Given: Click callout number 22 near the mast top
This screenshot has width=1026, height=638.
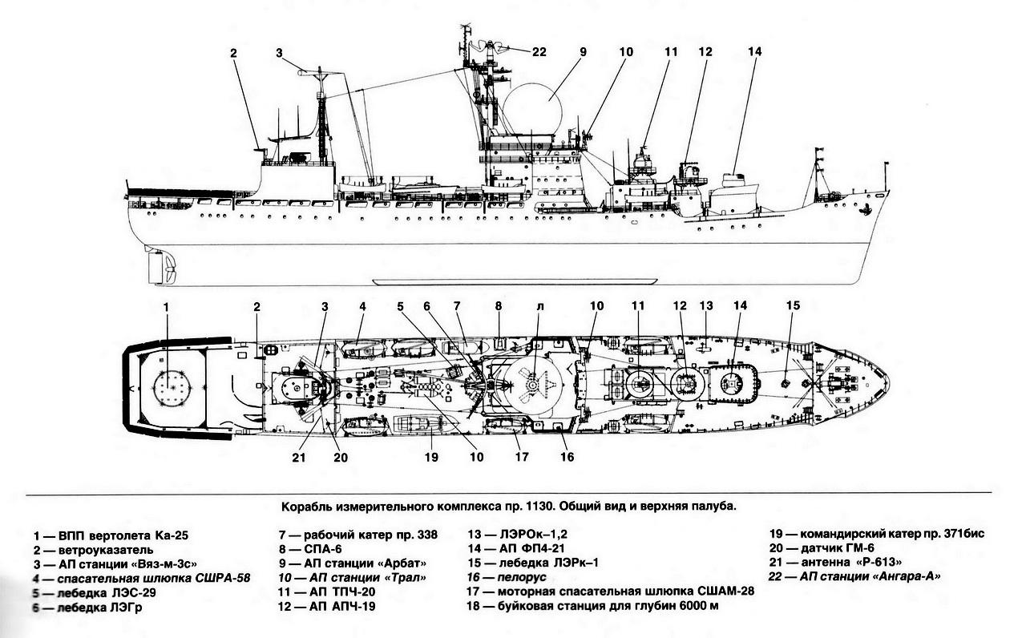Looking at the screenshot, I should click(539, 52).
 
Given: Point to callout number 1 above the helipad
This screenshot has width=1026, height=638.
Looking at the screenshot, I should click(167, 306).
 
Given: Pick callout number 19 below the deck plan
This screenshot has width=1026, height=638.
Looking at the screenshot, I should click(432, 458).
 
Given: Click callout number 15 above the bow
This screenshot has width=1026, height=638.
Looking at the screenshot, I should click(793, 305).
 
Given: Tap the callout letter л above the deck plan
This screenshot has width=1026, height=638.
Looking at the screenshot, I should click(540, 306).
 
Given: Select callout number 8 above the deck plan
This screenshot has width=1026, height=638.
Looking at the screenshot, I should click(498, 306).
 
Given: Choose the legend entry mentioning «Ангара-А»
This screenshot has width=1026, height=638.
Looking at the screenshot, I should click(854, 576).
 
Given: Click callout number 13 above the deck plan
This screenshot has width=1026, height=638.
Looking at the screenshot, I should click(705, 306).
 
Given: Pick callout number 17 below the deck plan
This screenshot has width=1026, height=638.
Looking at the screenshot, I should click(523, 458).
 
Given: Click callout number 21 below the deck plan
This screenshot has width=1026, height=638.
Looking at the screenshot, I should click(299, 458).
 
